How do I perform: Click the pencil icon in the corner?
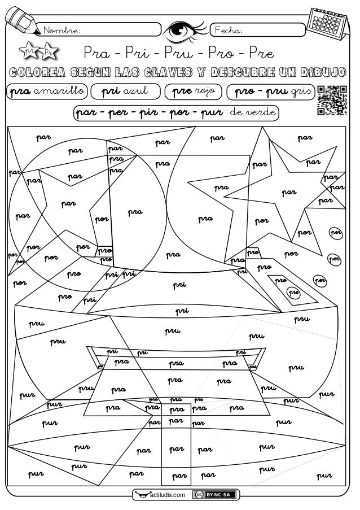[x=19, y=20]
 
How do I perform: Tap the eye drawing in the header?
[x=185, y=29]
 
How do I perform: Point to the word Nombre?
[x=63, y=30]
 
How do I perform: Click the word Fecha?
[x=229, y=29]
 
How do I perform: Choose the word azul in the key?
[x=135, y=91]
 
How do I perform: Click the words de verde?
[x=252, y=112]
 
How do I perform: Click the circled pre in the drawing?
[x=293, y=292]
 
